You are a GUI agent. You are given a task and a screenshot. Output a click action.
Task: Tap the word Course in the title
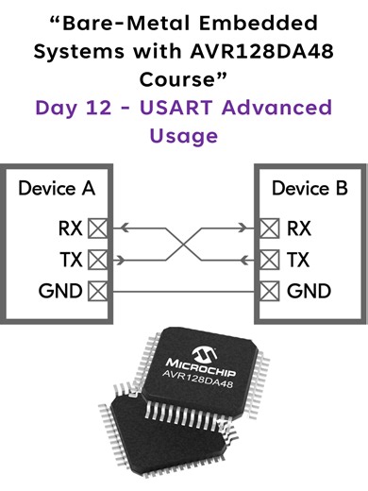point(180,79)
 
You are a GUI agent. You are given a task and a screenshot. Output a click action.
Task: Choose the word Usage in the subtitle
point(184,135)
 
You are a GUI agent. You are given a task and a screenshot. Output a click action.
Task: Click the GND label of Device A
point(58,291)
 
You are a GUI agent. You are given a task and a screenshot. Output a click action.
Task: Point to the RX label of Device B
point(298,228)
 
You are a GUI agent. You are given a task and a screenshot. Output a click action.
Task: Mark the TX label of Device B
point(298,260)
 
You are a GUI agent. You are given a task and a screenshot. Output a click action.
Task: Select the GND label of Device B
point(308,291)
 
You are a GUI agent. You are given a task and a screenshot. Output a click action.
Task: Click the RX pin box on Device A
point(96,228)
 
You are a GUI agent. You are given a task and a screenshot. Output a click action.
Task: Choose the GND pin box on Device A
point(96,291)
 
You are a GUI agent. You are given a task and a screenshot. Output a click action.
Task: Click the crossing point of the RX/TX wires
point(184,243)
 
